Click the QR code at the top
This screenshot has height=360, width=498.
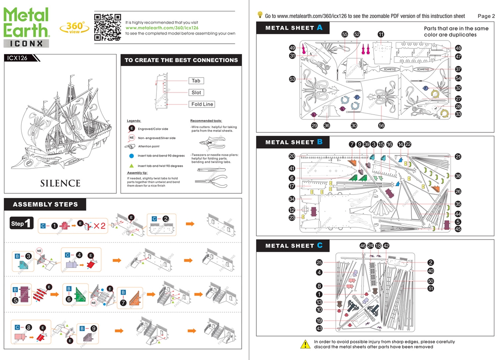108,27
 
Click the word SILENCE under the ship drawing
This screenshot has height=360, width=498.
60,183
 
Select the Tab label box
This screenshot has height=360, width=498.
196,81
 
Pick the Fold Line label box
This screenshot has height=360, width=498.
202,104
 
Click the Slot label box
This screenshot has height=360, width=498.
196,93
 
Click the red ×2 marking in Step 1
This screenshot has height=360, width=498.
100,226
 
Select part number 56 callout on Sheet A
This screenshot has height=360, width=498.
381,125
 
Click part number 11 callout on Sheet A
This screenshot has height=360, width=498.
381,34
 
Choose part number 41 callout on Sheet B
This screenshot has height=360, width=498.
292,169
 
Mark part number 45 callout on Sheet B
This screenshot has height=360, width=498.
458,229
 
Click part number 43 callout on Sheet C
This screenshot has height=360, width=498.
319,329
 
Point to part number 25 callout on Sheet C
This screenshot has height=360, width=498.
319,262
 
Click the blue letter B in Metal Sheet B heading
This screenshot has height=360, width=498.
320,142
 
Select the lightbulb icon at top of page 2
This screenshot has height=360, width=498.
260,15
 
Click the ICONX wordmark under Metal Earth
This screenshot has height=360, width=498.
26,43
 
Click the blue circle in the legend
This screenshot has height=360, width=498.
132,156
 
